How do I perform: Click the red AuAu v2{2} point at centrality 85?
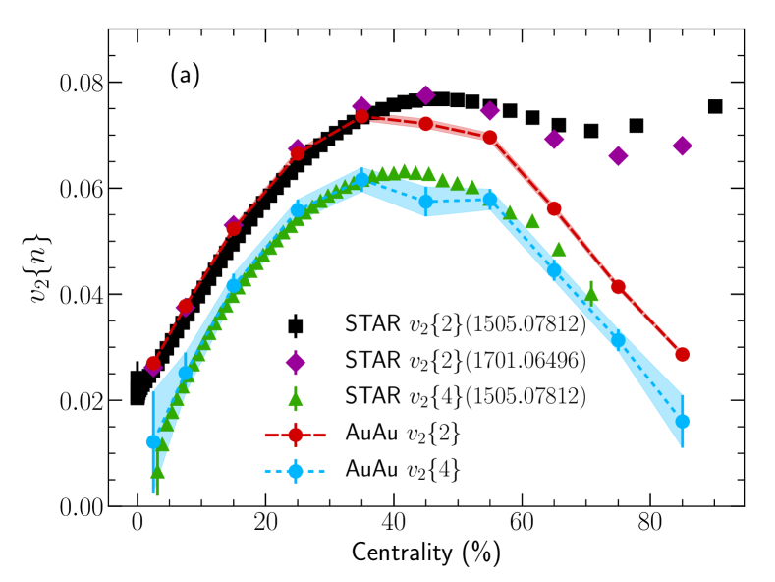pos(682,354)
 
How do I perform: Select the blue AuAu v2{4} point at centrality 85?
pos(682,422)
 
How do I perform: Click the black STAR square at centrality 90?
pos(715,106)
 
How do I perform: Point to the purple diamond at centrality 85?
pos(682,145)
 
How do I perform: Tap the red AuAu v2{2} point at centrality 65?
pos(554,208)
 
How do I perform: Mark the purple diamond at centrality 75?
pos(618,155)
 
